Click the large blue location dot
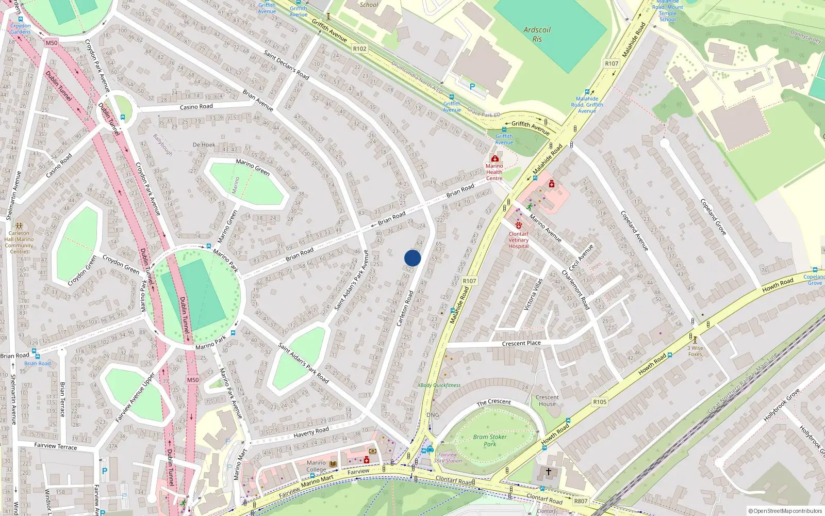coord(412,258)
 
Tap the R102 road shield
coord(359,49)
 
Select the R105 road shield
coord(600,402)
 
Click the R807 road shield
coord(581,501)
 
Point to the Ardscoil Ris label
coord(537,34)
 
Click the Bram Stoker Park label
coord(490,440)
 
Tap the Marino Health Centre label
coord(494,172)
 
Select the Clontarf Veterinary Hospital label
coord(519,240)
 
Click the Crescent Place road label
coord(521,343)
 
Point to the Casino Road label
coord(196,107)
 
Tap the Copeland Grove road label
coord(713,217)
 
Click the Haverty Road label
coord(311,432)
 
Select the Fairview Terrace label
coord(55,446)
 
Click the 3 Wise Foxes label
coord(695,351)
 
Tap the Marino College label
coord(316,466)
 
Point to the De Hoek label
coord(204,145)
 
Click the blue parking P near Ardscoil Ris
coord(472,87)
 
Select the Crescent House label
coord(547,400)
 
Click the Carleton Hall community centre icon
coord(19,226)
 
